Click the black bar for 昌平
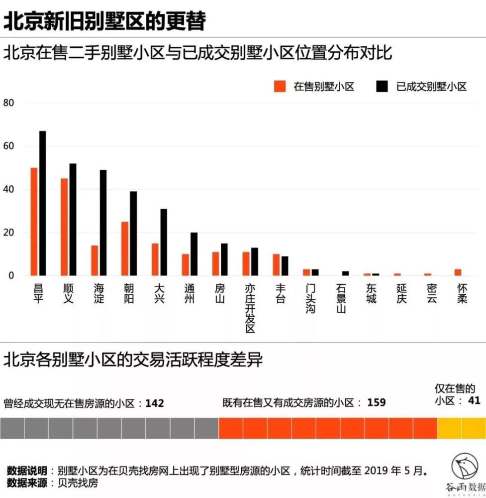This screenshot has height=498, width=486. (x=43, y=203)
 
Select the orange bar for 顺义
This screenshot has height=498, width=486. (x=64, y=227)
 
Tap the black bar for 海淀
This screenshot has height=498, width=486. (x=103, y=223)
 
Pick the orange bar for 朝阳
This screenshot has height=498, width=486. (x=125, y=249)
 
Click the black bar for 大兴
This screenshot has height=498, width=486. (x=164, y=242)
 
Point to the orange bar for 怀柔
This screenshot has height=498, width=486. (x=458, y=272)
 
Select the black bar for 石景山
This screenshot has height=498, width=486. (x=345, y=273)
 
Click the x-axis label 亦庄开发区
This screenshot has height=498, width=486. (x=250, y=309)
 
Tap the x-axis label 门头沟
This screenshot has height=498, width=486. (x=310, y=299)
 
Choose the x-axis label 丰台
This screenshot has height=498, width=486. (x=280, y=294)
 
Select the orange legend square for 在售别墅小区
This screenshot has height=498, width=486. (x=281, y=86)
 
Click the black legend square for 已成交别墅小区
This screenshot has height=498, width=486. (x=382, y=86)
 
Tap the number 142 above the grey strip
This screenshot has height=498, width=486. (x=155, y=403)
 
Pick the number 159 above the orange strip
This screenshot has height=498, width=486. (x=377, y=402)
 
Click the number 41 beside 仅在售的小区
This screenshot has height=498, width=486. (x=474, y=400)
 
